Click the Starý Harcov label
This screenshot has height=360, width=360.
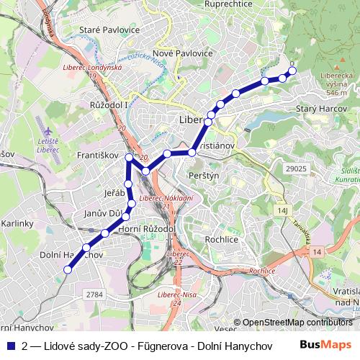pos(321,108)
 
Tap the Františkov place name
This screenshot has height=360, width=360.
pos(96,155)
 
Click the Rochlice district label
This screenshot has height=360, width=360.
pos(221,238)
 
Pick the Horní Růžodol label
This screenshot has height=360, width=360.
pos(151,228)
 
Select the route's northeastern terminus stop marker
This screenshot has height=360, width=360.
pos(292,70)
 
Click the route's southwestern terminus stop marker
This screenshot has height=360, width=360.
pos(68,269)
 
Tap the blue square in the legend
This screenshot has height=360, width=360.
pos(10,344)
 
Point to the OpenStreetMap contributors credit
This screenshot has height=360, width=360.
pos(296,322)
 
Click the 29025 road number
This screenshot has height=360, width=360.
pos(296,168)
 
